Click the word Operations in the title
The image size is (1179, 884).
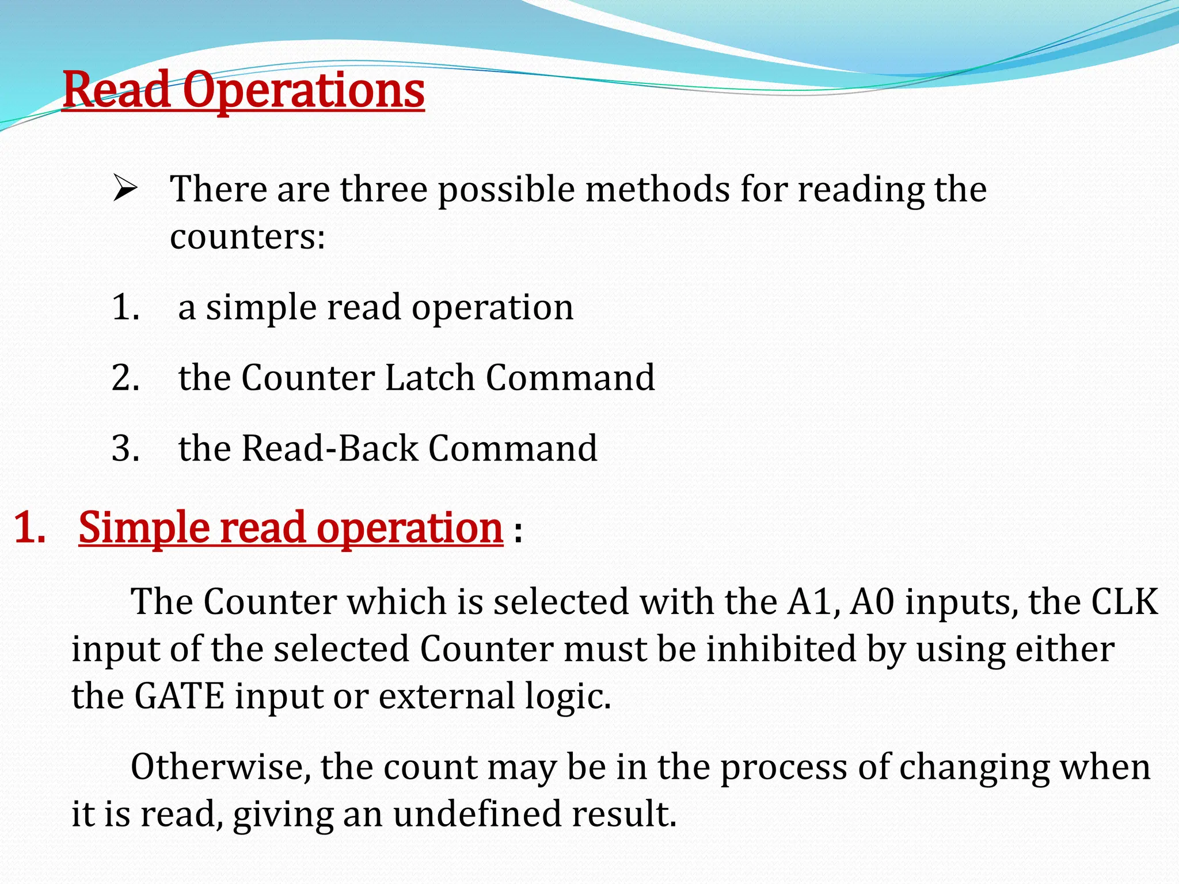[304, 91]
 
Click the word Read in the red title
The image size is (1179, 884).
[116, 91]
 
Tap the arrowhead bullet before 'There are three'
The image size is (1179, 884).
[124, 189]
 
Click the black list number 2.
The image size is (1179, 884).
[125, 378]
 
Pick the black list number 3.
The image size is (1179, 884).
[125, 448]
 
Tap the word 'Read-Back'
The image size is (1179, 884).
[330, 448]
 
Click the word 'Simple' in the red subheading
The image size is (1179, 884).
[144, 528]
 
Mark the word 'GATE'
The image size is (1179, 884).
[179, 696]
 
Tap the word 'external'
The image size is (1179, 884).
[447, 696]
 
